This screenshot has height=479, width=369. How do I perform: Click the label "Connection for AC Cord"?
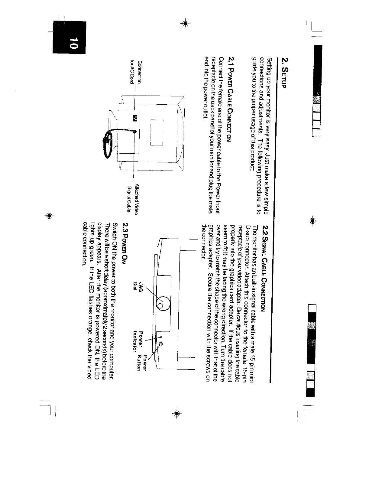[136, 73]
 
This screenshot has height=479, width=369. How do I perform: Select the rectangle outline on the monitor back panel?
[157, 132]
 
